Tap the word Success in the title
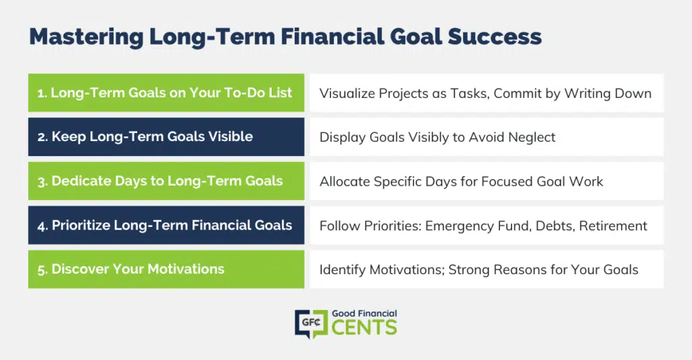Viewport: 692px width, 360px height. tap(495, 36)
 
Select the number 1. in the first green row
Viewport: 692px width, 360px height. tap(42, 93)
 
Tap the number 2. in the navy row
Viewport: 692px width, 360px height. tap(43, 136)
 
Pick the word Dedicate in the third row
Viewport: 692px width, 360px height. tap(81, 181)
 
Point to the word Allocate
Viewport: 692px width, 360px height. tap(345, 182)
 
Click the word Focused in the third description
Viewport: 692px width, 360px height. tap(507, 182)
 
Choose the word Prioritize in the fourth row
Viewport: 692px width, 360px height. tap(81, 225)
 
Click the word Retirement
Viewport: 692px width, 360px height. tap(613, 226)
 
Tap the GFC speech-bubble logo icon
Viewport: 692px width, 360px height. tap(311, 324)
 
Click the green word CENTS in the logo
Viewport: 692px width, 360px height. tap(364, 328)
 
